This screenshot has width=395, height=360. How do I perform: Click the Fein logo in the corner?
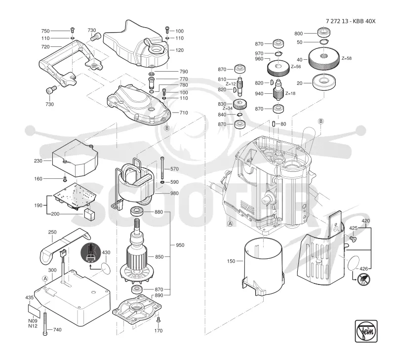pos(366,331)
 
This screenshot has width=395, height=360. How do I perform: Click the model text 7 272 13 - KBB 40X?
pos(351,21)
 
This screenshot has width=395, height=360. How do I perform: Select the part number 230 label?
pos(39,160)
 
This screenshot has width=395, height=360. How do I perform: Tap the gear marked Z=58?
pos(324,59)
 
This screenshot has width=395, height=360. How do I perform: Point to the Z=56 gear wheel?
pos(278,68)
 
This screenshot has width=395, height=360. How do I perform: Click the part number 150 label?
pos(231,261)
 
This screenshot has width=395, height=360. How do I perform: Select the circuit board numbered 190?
pos(75,196)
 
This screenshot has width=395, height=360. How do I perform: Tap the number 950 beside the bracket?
pos(180,245)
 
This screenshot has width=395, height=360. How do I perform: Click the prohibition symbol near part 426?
pos(364,279)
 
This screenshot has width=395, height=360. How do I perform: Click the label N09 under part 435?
pos(33,320)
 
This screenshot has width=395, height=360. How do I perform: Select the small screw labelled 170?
pos(158,320)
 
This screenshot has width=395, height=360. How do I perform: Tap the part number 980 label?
pos(174,193)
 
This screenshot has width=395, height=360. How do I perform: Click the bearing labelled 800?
pos(324,33)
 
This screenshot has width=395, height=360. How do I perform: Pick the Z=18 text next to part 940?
pos(290,93)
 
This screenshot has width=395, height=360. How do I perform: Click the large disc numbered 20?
pos(324,82)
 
